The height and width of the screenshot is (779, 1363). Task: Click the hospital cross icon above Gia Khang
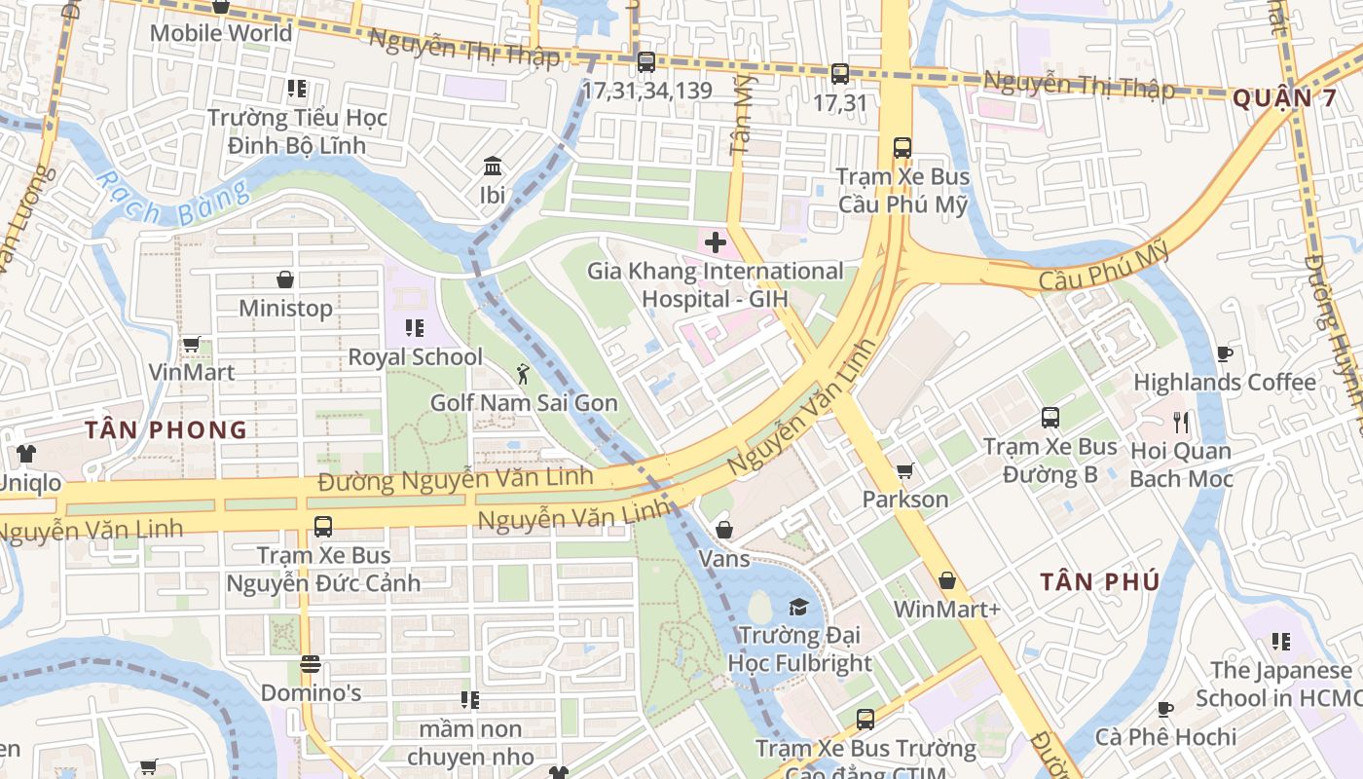(716, 241)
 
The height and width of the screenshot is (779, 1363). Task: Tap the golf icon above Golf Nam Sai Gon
(524, 373)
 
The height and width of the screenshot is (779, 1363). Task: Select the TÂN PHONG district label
(166, 429)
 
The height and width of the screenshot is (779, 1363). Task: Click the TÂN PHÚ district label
(1099, 582)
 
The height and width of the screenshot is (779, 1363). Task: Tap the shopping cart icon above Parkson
(904, 471)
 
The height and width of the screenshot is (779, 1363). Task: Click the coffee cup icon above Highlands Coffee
(1224, 353)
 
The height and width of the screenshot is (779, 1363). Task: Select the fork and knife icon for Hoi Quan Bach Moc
(1181, 423)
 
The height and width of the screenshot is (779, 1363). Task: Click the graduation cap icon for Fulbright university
(798, 608)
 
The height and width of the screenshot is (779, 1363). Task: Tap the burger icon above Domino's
(311, 665)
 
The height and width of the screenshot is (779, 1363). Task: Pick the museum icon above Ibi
(493, 166)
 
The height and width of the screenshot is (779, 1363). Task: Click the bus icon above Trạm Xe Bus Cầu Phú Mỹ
(903, 148)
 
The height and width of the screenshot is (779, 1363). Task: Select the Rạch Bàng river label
(171, 200)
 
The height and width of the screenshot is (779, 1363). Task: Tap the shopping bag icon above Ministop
(285, 279)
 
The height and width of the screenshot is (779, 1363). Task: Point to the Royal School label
(415, 357)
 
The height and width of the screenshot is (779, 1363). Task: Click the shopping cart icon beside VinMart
(192, 345)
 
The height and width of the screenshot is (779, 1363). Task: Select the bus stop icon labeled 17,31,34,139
(645, 62)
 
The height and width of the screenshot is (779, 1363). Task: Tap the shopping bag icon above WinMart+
(946, 581)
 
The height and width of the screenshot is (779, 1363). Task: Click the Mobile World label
(220, 33)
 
